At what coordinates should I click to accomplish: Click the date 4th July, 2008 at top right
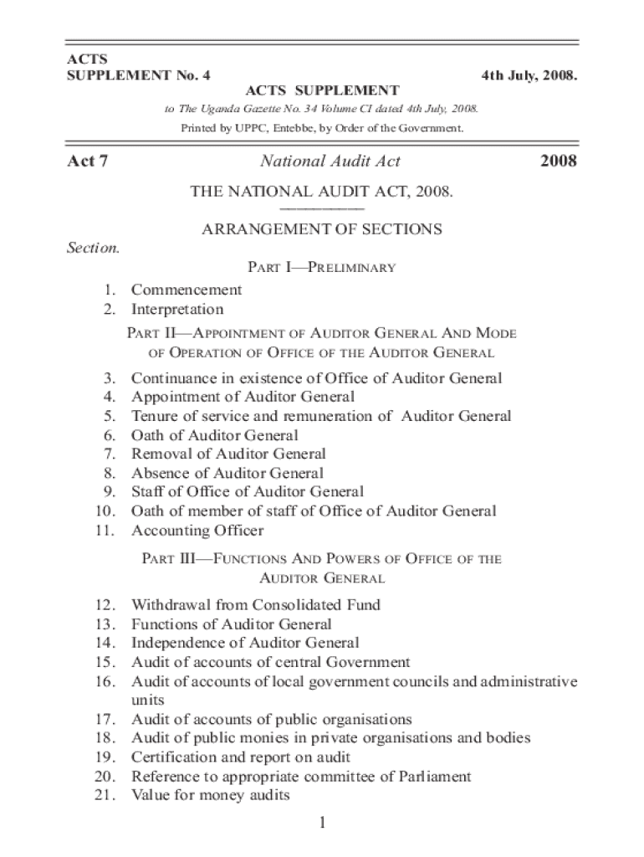tap(529, 76)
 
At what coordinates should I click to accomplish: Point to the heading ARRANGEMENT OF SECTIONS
tap(322, 228)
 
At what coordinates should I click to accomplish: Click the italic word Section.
tap(93, 248)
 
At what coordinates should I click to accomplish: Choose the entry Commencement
tap(187, 290)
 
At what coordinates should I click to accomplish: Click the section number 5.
tap(110, 416)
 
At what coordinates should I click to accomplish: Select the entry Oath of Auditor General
tap(214, 435)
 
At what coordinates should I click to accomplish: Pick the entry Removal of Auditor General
tap(228, 454)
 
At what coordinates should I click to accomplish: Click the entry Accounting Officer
tap(197, 531)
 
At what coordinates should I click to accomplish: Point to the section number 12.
tap(105, 604)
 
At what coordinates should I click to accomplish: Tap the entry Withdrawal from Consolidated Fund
tap(256, 604)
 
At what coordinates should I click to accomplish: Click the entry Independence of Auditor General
tap(245, 643)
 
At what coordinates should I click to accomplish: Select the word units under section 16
tap(148, 700)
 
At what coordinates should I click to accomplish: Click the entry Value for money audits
tap(210, 796)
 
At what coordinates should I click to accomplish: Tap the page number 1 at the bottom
tap(322, 824)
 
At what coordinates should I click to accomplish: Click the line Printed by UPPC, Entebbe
tap(322, 128)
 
